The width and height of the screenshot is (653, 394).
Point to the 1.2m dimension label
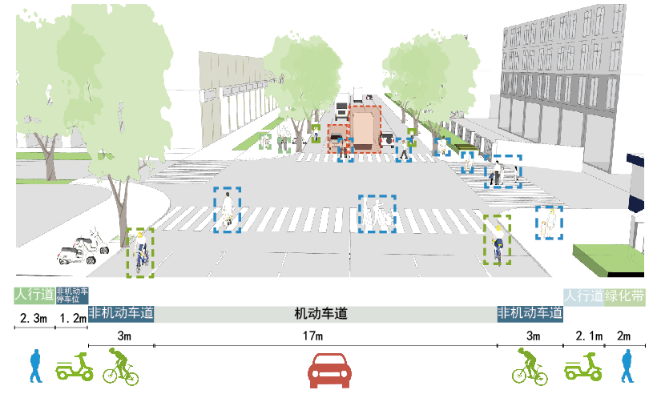[x=72, y=319]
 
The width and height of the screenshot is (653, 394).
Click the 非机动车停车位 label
[x=72, y=295]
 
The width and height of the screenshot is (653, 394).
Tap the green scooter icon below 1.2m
[x=76, y=368]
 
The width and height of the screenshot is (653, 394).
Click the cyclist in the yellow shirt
[x=498, y=241]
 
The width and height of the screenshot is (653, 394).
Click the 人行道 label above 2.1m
[x=583, y=295]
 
